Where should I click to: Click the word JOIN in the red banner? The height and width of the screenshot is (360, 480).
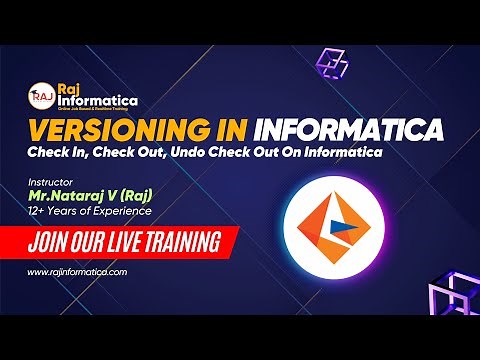coord(51,241)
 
